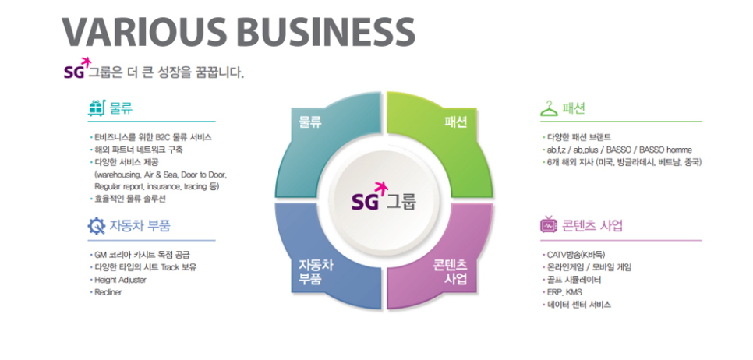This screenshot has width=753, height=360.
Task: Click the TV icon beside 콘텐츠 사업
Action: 549,226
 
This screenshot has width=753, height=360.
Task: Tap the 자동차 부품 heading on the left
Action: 140,227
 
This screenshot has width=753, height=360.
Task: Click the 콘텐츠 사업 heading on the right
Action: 592,226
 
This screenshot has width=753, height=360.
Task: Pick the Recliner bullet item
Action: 108,291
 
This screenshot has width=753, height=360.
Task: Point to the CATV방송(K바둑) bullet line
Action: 576,254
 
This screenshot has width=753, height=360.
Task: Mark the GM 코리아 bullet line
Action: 141,254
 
